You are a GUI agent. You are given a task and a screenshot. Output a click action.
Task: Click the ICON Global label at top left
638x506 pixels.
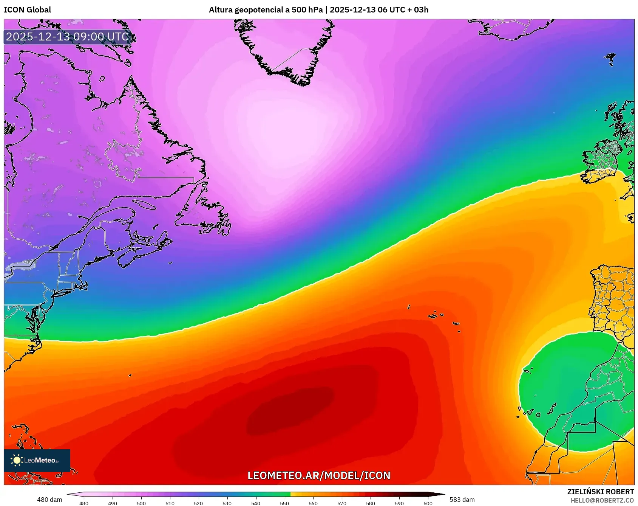pyautogui.click(x=27, y=10)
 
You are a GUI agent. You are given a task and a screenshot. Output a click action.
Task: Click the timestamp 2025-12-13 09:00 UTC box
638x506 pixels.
pyautogui.click(x=68, y=37)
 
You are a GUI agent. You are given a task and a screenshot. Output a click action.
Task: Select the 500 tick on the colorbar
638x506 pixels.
pyautogui.click(x=141, y=503)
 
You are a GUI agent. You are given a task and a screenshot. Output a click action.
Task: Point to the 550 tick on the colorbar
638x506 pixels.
pyautogui.click(x=284, y=503)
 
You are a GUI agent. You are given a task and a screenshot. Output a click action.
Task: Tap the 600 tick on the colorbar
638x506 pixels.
pyautogui.click(x=428, y=503)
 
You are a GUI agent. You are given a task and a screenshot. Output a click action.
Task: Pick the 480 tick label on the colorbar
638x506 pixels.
pyautogui.click(x=84, y=503)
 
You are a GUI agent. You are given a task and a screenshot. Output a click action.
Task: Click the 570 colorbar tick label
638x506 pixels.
pyautogui.click(x=342, y=503)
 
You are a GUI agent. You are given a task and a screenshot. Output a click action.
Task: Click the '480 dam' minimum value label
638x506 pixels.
pyautogui.click(x=49, y=500)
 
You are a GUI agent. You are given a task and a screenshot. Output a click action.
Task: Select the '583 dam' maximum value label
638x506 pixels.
pyautogui.click(x=462, y=500)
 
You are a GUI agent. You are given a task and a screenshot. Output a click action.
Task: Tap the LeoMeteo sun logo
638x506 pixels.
pyautogui.click(x=17, y=460)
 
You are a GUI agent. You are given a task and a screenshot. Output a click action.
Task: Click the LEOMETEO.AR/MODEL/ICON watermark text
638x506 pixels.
pyautogui.click(x=319, y=475)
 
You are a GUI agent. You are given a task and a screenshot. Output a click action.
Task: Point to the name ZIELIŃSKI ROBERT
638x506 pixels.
pyautogui.click(x=600, y=492)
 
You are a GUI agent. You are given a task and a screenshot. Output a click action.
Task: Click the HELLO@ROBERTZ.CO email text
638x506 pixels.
pyautogui.click(x=602, y=500)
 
